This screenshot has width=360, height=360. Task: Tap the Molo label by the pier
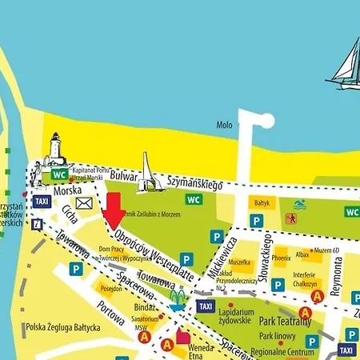point(225,125)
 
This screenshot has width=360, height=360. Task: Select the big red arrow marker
point(114,210)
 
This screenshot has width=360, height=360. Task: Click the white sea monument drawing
point(146,174)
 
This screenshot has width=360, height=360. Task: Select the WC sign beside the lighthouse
point(58,174)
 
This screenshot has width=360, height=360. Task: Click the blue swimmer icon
point(299,205)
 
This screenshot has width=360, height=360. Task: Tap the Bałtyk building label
point(262,204)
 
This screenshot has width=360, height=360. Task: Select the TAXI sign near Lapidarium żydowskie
point(205,306)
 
